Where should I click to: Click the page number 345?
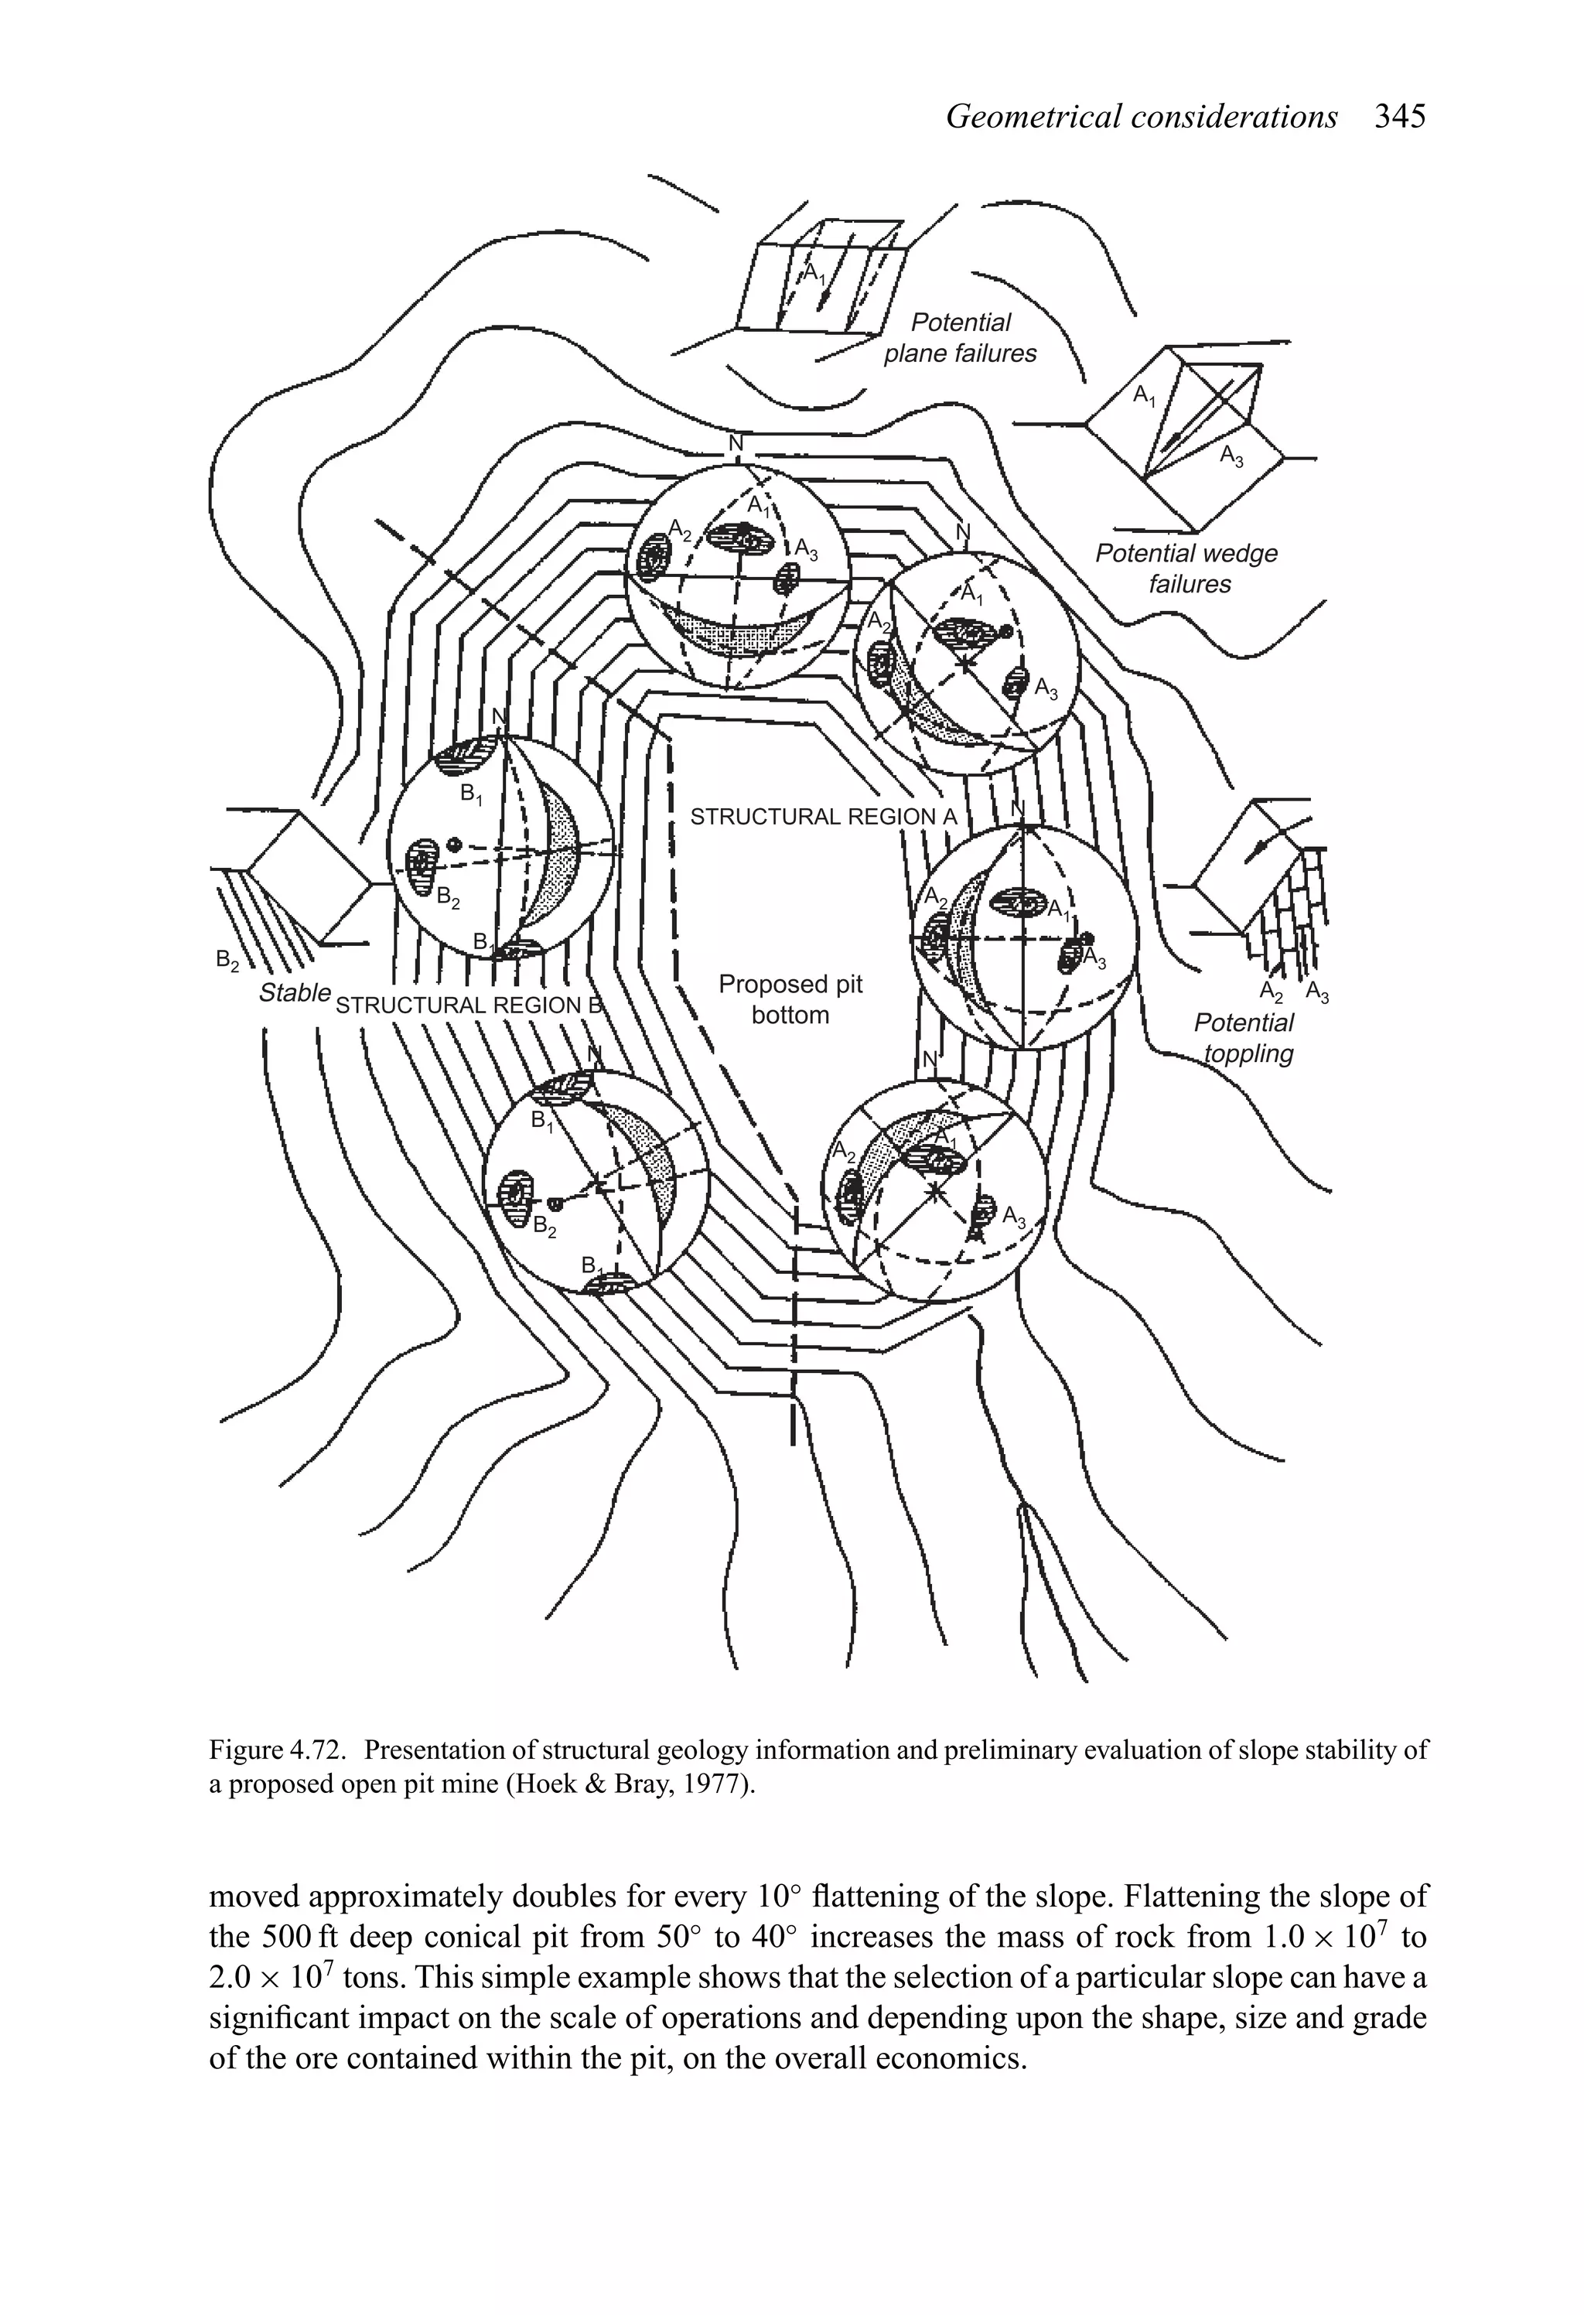coord(1400,118)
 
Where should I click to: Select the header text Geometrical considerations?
coord(1141,118)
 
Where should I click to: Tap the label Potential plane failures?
coord(961,338)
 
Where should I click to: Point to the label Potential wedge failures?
coord(1186,568)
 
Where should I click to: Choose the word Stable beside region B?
coord(294,992)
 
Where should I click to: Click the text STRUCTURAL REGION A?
coord(823,817)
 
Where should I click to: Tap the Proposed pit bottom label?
coord(790,999)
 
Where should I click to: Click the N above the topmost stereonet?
coord(736,443)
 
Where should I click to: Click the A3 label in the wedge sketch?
coord(1232,457)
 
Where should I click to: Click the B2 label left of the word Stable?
coord(228,961)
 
